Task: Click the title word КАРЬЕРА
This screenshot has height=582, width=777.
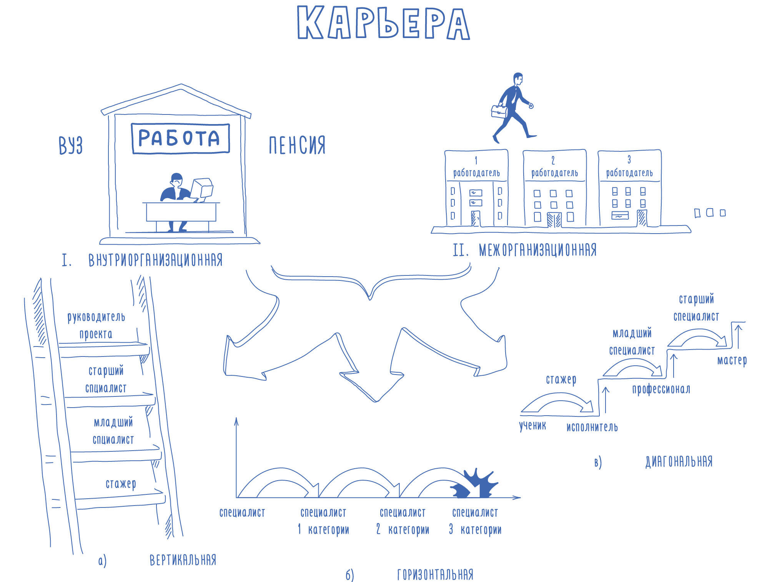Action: pos(383,23)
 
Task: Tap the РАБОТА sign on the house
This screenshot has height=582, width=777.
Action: pos(180,138)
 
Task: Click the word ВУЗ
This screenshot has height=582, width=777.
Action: pos(71,145)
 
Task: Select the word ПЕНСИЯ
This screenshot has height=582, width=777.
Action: pos(297,145)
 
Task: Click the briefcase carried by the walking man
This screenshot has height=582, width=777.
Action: pos(499,111)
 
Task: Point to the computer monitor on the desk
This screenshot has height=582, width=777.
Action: pos(202,188)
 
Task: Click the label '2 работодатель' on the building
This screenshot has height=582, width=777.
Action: pos(554,168)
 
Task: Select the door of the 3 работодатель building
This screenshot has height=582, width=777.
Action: pos(641,218)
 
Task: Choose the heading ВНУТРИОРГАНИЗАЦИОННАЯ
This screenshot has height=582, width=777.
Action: pos(155,260)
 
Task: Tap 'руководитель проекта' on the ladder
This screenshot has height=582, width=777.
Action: pos(96,325)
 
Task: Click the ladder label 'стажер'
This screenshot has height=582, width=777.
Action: pos(121,484)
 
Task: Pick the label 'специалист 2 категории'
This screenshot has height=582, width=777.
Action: pos(403,521)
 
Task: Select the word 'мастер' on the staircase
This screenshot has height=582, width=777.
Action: pos(732,360)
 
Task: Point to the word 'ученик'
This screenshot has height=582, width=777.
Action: pos(532,426)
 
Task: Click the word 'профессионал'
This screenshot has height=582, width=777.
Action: pos(661,390)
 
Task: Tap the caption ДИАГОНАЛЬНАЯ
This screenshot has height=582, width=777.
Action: pos(679,461)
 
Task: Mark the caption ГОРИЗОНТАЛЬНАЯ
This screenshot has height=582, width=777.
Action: pos(435,575)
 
